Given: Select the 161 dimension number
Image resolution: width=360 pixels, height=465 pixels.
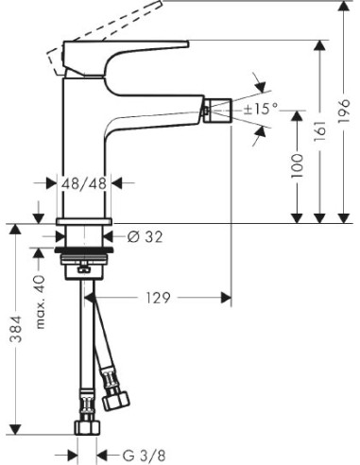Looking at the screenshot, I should click(x=321, y=132).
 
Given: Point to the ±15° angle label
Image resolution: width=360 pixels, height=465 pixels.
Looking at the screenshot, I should click(x=261, y=110).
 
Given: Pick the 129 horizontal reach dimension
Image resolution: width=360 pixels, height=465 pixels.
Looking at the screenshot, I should click(x=159, y=299).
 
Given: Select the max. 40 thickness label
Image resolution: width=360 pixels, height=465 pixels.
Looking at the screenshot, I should click(x=41, y=292).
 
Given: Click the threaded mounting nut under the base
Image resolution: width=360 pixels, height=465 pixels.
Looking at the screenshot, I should click(x=84, y=260).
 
